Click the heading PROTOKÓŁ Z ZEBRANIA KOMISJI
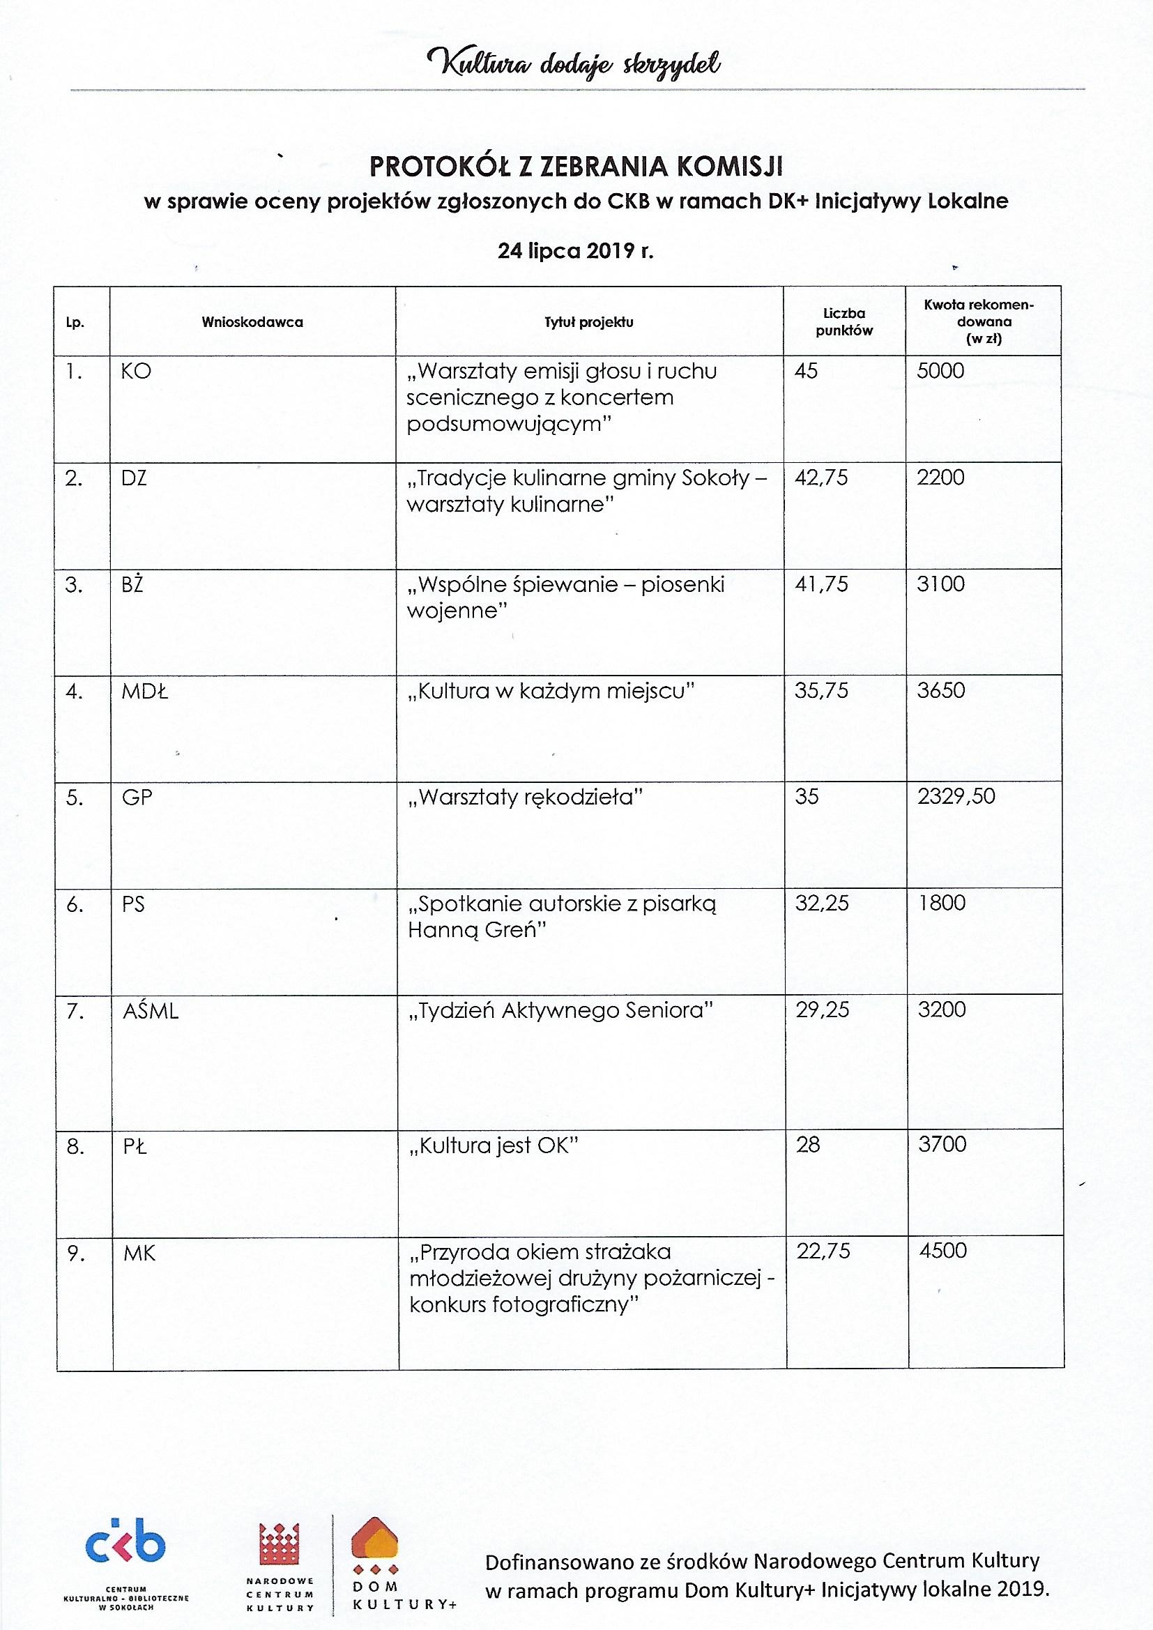[x=576, y=166]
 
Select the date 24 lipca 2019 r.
[x=576, y=251]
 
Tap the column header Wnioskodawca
[x=252, y=322]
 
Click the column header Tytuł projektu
[x=588, y=322]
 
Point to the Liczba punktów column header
[x=844, y=321]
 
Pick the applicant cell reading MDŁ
[x=145, y=691]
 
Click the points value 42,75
[x=821, y=477]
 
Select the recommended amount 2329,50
[x=956, y=797]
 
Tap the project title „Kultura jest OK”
[x=494, y=1146]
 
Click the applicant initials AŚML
[x=151, y=1011]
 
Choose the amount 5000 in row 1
[x=940, y=371]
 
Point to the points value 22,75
[x=823, y=1251]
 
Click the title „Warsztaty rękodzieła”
[x=525, y=798]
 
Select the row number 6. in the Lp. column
[x=75, y=904]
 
